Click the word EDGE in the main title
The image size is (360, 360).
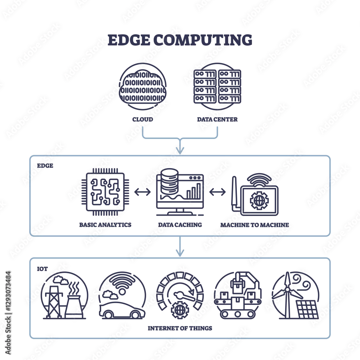(129, 40)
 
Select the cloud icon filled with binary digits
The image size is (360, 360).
(143, 87)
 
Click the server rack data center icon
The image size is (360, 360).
(217, 86)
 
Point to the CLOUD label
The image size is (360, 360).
(143, 120)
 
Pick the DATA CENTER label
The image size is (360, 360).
(217, 120)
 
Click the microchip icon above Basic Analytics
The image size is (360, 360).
(105, 192)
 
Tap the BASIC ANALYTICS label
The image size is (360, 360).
(105, 225)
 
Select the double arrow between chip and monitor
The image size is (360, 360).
(142, 192)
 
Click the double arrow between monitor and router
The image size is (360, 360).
(217, 192)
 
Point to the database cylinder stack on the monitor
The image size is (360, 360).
(170, 181)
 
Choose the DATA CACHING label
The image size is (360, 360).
(180, 225)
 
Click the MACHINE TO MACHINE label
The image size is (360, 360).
(255, 225)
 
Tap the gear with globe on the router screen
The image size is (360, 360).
(259, 201)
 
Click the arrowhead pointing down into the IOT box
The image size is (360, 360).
(180, 253)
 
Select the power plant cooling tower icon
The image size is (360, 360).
(74, 306)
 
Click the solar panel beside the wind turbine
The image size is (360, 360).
(307, 310)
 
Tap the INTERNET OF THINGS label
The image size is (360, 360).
(180, 328)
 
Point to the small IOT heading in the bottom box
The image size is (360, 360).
(42, 269)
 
